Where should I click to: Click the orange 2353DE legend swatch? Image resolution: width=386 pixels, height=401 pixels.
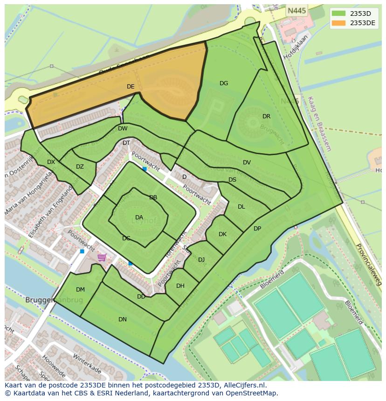339,23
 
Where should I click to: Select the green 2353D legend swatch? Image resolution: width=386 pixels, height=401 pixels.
339,14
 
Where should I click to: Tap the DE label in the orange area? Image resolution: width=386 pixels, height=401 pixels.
131,87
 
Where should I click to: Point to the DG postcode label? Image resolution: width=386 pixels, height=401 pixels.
224,83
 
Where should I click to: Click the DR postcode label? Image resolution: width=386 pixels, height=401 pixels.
266,116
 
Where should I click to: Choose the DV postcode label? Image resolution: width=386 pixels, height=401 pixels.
247,163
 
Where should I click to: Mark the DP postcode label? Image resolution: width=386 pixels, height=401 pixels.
257,229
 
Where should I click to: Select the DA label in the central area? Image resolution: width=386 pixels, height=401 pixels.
139,217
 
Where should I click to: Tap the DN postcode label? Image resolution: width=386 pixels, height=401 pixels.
123,319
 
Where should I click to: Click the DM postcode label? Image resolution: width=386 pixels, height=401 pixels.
80,290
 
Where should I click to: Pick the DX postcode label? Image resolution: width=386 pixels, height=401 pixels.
51,162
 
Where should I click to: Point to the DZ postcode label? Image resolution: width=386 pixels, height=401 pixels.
80,167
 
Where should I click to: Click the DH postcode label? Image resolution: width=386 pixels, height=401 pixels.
180,286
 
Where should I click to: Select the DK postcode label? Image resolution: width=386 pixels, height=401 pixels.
222,234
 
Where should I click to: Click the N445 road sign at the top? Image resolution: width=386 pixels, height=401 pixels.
297,11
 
